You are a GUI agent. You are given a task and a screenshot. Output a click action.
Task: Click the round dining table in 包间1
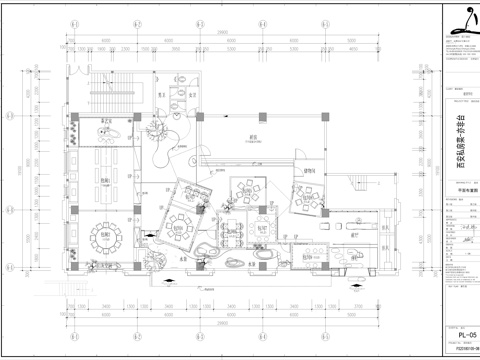pos(104,235)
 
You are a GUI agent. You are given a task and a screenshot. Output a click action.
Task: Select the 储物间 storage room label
pos(309,170)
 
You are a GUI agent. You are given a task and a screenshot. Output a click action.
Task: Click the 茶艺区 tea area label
pos(103,121)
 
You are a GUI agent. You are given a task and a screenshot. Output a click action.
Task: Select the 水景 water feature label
pos(183,258)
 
